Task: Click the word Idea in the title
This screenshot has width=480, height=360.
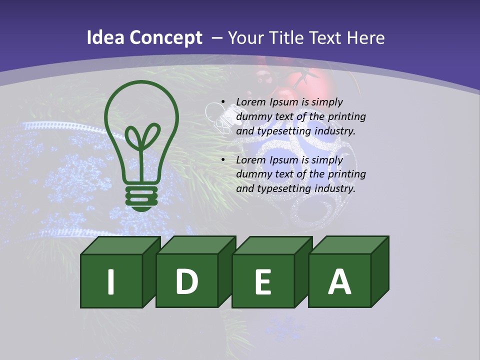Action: [105, 38]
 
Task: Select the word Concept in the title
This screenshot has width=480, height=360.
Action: [166, 38]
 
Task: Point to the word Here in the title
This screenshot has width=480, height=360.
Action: [366, 38]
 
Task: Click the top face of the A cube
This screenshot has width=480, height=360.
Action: [348, 244]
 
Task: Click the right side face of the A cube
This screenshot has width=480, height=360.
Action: [379, 272]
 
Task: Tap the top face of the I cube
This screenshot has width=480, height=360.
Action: [120, 245]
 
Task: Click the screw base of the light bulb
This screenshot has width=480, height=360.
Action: [141, 197]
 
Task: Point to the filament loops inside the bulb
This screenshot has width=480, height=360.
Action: [141, 137]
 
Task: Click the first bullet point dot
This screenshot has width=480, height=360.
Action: [222, 102]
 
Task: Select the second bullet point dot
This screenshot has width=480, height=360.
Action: [222, 160]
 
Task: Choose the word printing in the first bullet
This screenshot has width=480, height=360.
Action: [347, 117]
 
